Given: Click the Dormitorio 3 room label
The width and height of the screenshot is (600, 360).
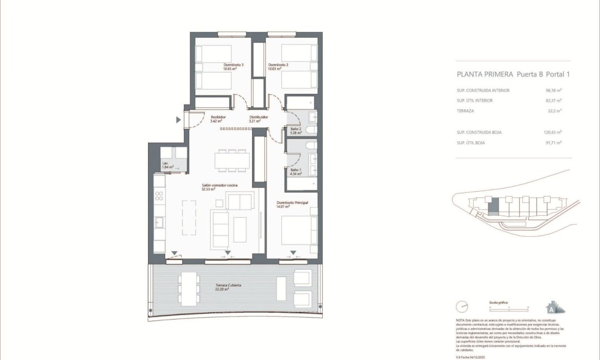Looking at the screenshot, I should [x=233, y=65].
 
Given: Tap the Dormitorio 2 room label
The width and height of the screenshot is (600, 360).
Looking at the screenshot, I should [x=278, y=65].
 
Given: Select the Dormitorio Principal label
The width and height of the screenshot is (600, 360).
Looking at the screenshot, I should [x=292, y=203].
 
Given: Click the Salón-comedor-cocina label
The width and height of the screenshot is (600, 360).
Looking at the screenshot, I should [x=219, y=185].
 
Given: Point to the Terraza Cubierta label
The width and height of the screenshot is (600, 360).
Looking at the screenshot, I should [x=228, y=286].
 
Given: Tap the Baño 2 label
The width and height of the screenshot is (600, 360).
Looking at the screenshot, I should [x=296, y=129].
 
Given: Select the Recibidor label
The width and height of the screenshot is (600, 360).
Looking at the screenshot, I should [x=218, y=117].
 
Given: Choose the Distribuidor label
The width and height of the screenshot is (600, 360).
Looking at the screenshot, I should [x=259, y=117].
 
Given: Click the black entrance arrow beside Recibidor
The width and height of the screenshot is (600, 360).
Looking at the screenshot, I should [x=178, y=121].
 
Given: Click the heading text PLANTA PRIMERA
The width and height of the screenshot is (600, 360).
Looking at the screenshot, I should [x=485, y=75].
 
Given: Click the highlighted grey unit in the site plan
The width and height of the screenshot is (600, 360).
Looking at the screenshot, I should [x=493, y=205].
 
